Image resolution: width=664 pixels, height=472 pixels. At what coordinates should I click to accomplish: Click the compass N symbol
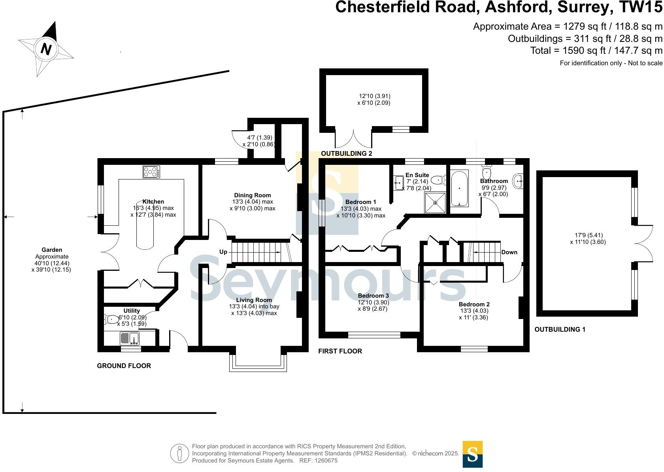(46, 49)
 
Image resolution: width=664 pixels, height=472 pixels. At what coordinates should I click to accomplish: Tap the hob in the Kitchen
(151, 172)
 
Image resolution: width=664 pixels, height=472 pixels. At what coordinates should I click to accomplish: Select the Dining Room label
(253, 195)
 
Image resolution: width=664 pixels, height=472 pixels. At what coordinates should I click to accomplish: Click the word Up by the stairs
(223, 252)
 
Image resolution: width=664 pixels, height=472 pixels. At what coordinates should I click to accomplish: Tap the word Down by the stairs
(509, 252)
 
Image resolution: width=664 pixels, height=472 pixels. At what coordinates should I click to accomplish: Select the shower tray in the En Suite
(435, 202)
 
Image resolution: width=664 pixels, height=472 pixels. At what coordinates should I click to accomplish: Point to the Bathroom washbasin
(518, 181)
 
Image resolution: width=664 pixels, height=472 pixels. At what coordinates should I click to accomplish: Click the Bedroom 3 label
(373, 296)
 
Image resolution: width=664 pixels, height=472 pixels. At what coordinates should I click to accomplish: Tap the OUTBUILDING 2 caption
(346, 153)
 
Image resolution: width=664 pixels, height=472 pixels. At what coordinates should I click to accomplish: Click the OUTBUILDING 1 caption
(560, 329)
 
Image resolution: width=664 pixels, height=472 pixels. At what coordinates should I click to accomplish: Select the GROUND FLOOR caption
(124, 366)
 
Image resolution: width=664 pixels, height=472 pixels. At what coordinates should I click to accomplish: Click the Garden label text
(52, 250)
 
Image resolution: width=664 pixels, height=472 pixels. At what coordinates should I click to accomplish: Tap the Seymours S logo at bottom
(472, 454)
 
